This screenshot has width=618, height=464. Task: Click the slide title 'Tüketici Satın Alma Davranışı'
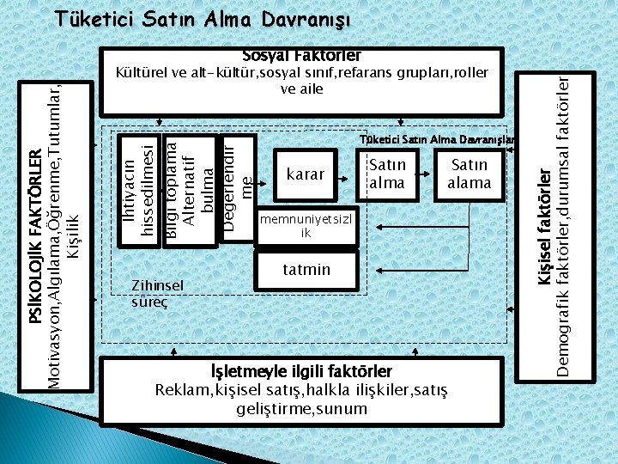pyautogui.click(x=203, y=19)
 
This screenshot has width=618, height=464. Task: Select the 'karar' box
pyautogui.click(x=305, y=174)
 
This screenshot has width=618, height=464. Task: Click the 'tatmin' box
pyautogui.click(x=306, y=270)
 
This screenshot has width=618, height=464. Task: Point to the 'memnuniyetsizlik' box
pyautogui.click(x=306, y=225)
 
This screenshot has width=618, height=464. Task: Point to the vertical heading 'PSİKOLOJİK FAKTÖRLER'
pyautogui.click(x=35, y=223)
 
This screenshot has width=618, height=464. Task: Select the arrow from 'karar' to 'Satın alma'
pyautogui.click(x=350, y=174)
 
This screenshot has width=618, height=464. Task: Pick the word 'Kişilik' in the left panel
pyautogui.click(x=73, y=233)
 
